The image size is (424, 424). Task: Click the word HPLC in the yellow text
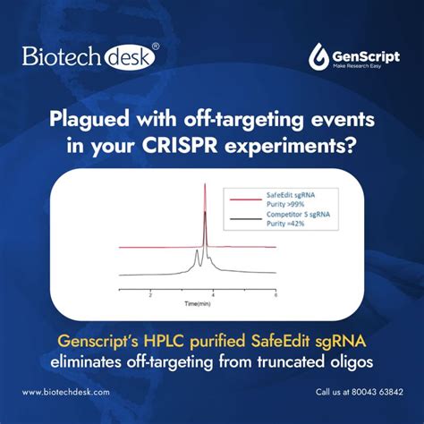[x=157, y=342]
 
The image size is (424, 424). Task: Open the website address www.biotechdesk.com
[x=65, y=392]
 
